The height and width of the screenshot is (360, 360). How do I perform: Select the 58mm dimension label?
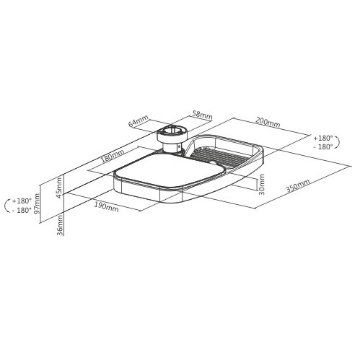coord(202,115)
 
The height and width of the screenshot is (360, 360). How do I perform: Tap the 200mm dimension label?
coord(268,122)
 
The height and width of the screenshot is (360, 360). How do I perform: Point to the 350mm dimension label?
coord(298,186)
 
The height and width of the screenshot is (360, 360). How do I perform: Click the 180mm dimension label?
coord(113,156)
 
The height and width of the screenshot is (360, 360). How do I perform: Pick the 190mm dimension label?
coord(106,207)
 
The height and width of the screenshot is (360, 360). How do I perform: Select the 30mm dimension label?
coord(262,185)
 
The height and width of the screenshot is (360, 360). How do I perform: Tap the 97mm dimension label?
coord(37,203)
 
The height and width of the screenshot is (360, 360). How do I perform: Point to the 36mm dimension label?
coord(61,225)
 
